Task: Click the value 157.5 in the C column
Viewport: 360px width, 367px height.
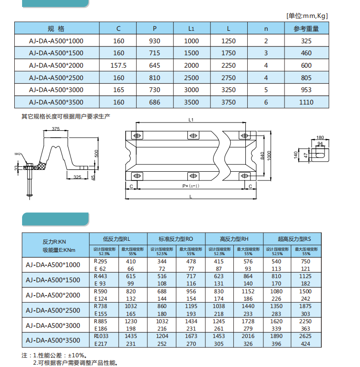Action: coord(118,65)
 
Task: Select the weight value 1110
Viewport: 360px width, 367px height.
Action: coord(306,102)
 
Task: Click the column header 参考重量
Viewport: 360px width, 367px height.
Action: coord(306,29)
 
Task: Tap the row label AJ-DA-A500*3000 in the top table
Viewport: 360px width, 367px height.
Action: coord(56,90)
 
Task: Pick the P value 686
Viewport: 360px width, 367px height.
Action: coord(155,102)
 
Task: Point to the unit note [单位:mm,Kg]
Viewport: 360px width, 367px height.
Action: coord(307,16)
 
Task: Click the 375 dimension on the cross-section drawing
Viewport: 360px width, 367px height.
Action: coord(56,128)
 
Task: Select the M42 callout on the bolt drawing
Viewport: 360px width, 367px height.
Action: coord(18,154)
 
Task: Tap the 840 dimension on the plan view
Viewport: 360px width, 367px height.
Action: coord(262,156)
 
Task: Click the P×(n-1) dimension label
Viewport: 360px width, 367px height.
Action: coord(191,186)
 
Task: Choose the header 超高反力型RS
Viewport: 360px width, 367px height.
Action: coord(292,239)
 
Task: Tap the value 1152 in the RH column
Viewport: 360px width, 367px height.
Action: coord(248,291)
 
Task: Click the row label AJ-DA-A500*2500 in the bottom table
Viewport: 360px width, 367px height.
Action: coord(52,309)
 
